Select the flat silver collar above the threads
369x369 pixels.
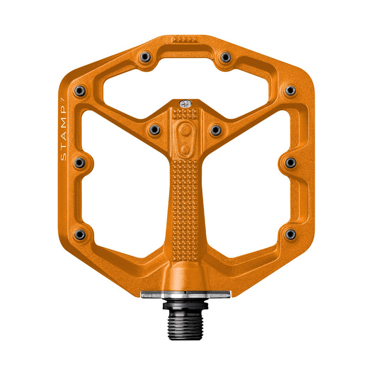185,295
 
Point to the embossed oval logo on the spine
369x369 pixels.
184,139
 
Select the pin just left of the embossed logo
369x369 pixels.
154,129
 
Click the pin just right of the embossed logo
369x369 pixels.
216,129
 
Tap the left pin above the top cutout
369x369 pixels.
144,57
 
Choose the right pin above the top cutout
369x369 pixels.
225,57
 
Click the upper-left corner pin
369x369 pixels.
80,91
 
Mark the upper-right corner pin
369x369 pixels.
290,91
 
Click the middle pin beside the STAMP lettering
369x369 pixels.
79,162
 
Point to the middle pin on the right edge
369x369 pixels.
290,162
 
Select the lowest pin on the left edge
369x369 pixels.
80,234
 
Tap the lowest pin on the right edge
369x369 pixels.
290,234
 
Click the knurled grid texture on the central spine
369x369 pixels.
184,200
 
